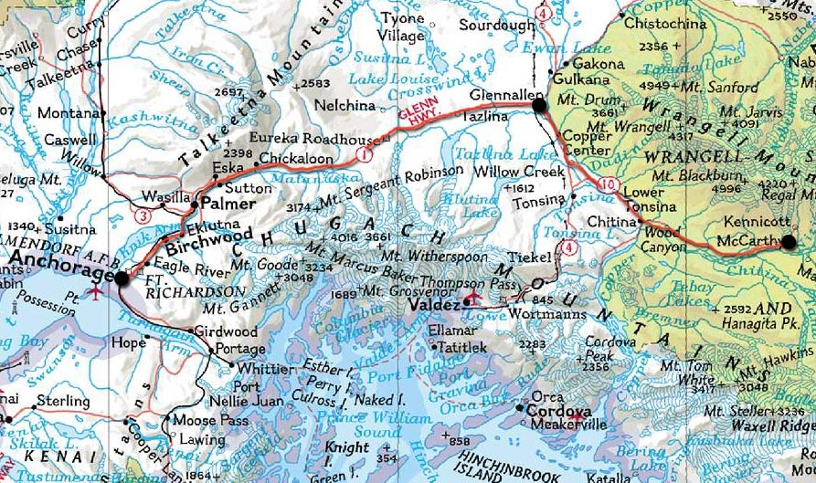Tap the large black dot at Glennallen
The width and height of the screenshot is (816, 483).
[538, 107]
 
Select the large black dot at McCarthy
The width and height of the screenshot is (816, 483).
[789, 242]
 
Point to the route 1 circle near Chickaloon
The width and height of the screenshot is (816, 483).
[364, 156]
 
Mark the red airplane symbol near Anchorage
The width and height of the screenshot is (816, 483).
[94, 292]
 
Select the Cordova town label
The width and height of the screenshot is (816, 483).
[558, 412]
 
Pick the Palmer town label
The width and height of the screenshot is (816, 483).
[228, 203]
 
